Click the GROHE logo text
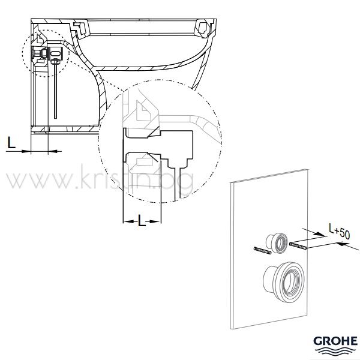coord(335,341)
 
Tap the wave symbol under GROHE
coord(335,350)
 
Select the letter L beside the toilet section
coord(11,142)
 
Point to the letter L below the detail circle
coord(142,221)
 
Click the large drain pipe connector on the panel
coord(284,281)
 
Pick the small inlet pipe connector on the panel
coord(277,244)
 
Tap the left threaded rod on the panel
coord(262,250)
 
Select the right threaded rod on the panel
coord(298,245)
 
